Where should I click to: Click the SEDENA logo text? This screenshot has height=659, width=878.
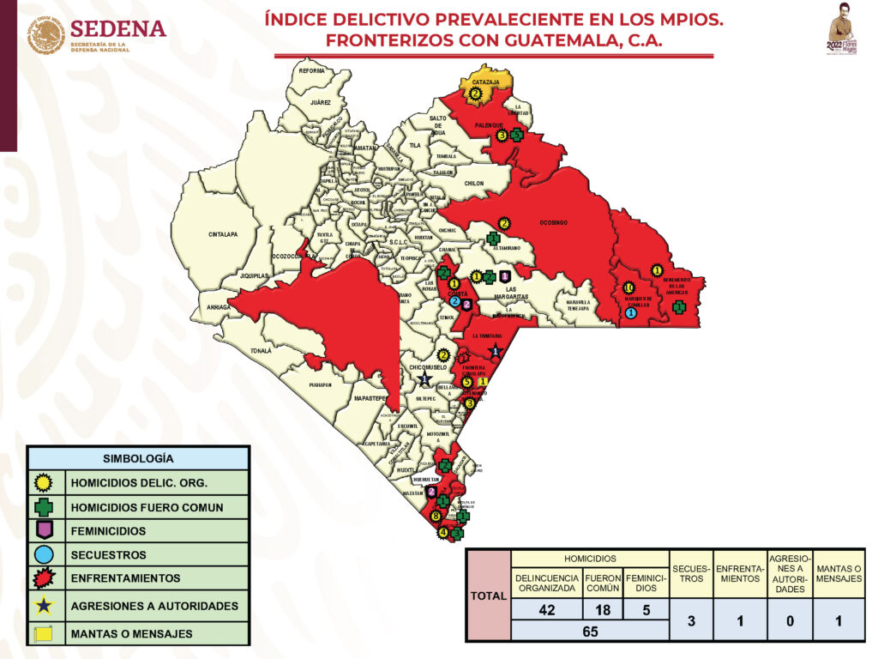tap(117, 28)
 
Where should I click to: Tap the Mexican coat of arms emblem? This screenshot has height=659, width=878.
tap(45, 36)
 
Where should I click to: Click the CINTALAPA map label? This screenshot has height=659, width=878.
tap(222, 234)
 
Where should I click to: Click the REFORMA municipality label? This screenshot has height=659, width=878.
tap(312, 70)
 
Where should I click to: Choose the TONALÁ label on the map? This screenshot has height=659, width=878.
tap(262, 350)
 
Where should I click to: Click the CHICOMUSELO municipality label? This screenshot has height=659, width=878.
tap(429, 367)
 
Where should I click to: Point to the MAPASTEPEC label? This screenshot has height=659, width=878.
tap(370, 399)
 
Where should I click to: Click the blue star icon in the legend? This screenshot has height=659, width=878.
tap(45, 607)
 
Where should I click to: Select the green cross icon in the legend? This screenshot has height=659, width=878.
tap(45, 507)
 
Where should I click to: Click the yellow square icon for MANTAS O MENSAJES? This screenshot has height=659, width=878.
tap(45, 634)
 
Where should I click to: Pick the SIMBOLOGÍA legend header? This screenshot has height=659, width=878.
tap(138, 458)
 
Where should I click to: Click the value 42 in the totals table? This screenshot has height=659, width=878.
tap(546, 610)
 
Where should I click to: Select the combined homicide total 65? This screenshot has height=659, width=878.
tap(589, 631)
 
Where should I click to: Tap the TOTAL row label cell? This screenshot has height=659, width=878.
tap(488, 595)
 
